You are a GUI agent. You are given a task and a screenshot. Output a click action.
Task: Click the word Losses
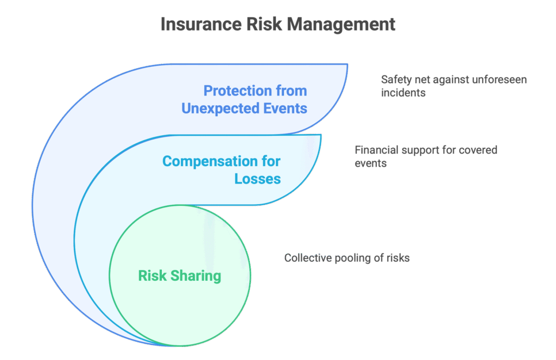click(258, 178)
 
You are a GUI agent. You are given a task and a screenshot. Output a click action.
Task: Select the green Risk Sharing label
click(180, 275)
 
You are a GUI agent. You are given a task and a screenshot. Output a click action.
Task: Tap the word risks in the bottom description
click(397, 258)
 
